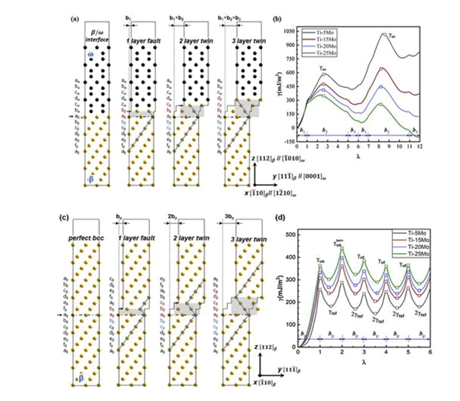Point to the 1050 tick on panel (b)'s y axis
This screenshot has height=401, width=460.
pos(287,28)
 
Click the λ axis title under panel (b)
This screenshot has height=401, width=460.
pos(357,157)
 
